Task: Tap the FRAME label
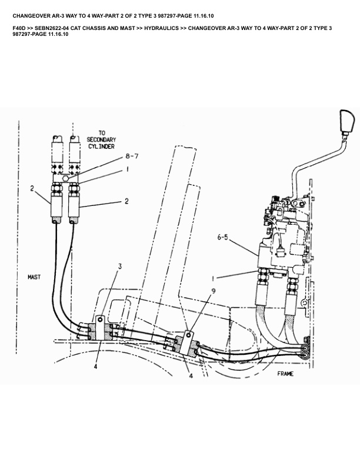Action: coord(287,373)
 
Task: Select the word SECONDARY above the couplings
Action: coord(101,139)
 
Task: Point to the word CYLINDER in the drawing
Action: coord(101,146)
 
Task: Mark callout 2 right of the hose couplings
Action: coord(126,201)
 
